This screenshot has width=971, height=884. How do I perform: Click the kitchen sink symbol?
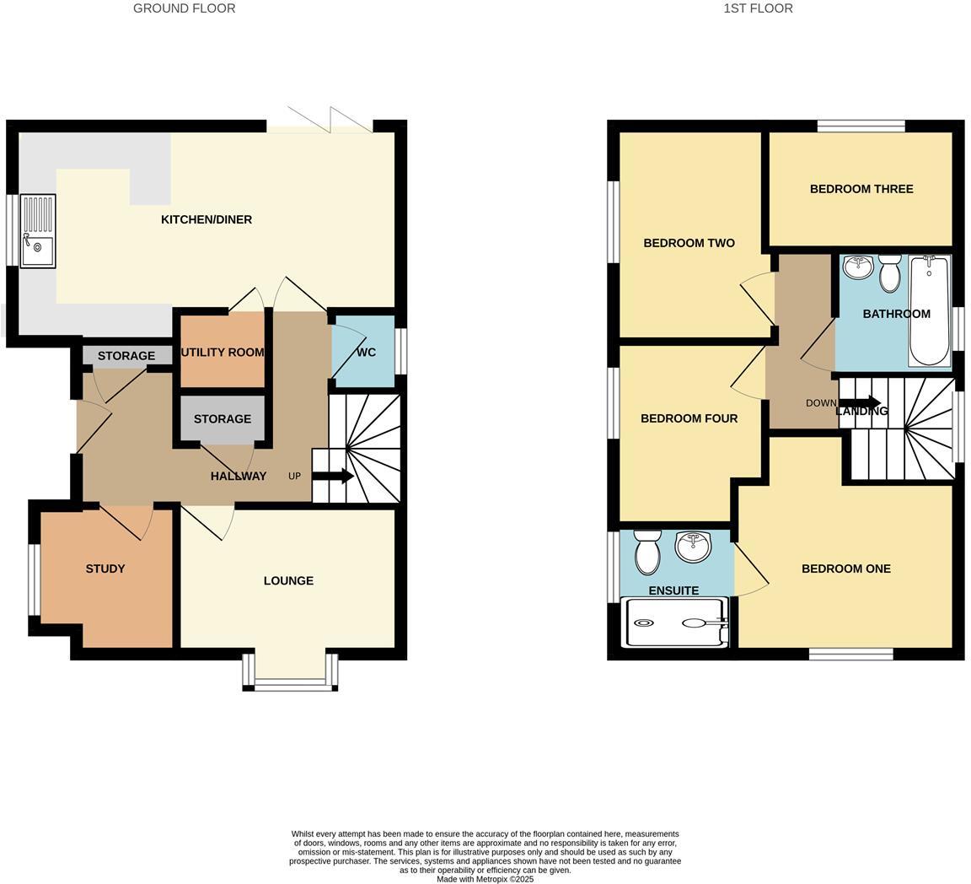(37, 231)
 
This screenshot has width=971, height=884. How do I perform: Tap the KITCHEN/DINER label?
(207, 219)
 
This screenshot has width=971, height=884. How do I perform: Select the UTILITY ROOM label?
(223, 353)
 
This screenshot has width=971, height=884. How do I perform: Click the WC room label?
(366, 352)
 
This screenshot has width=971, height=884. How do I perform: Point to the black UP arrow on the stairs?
(333, 476)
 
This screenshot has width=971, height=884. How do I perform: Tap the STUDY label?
(105, 569)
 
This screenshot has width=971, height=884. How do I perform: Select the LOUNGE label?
(288, 580)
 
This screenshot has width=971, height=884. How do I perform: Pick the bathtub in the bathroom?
(929, 310)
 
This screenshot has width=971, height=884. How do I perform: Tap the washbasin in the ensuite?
(693, 546)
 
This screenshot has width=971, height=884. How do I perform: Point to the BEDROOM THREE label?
(861, 189)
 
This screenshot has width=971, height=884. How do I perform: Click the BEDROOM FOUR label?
(689, 418)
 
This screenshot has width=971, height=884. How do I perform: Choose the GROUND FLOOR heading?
(184, 8)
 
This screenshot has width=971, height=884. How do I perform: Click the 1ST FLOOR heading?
(758, 8)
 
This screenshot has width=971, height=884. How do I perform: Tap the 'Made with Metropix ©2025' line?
(485, 879)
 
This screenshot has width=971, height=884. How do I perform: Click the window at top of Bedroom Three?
(861, 127)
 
